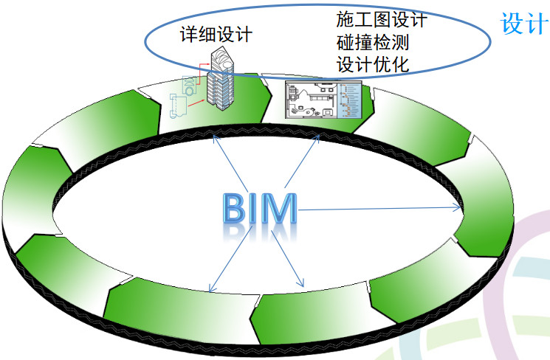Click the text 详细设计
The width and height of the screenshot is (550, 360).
pos(216,35)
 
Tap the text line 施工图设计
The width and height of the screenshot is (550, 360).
pos(382,19)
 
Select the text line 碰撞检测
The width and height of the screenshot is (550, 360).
pos(373,42)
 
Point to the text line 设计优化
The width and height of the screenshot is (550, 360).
pos(373,64)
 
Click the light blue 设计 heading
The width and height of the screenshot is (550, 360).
pos(525,24)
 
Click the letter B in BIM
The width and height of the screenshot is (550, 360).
pos(235,208)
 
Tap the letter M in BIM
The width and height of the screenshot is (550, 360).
pos(278,208)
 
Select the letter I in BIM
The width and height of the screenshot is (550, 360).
pos(253,208)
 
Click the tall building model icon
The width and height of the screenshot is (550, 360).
pos(220,80)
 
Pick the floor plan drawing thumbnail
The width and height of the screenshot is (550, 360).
pos(312,100)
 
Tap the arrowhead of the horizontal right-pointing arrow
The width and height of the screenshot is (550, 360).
pos(458,207)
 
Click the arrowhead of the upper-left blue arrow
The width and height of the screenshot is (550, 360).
pos(216,140)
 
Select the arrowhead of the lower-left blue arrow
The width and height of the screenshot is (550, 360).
pos(211,288)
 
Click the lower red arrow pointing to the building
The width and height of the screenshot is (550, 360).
pos(196,103)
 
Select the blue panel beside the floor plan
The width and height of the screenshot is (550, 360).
pos(350,100)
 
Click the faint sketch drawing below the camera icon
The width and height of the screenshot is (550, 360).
pos(178,106)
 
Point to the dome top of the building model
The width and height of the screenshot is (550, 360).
pos(223,59)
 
